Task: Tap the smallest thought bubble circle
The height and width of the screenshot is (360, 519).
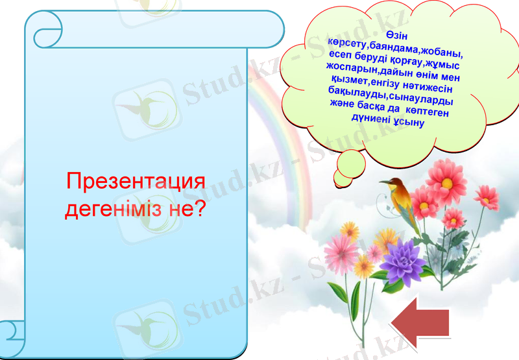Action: click(343, 177)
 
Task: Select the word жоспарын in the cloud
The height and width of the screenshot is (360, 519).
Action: click(350, 68)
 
